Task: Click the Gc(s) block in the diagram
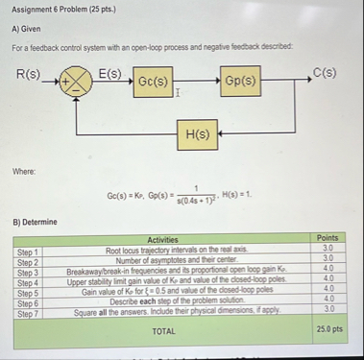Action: coord(154,81)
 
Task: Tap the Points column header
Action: coord(328,238)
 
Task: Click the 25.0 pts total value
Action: coord(328,330)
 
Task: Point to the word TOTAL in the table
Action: coord(163,330)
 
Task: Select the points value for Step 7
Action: coord(328,309)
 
